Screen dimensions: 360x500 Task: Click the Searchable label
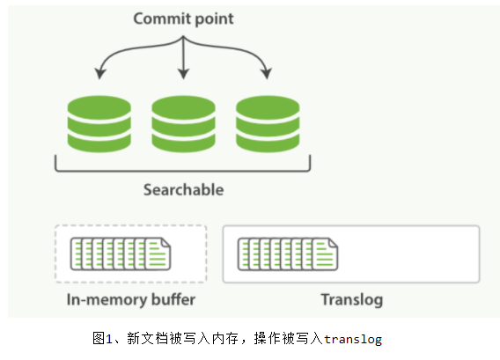pos(184,189)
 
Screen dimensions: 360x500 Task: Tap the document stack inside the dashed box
pos(121,253)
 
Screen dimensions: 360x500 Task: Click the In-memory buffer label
pos(130,299)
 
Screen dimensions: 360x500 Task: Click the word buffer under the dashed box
pos(173,299)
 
